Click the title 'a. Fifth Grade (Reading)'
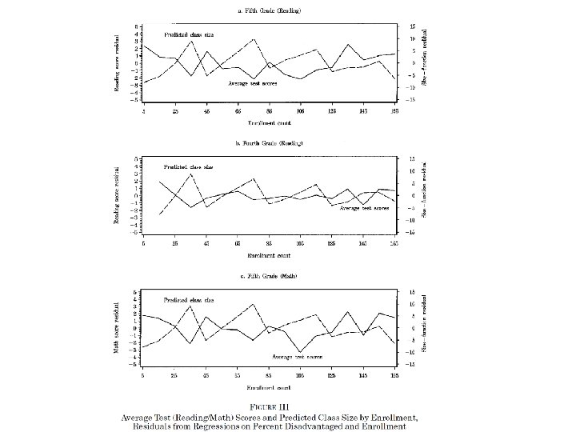pyautogui.click(x=270, y=9)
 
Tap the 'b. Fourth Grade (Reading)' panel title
pyautogui.click(x=270, y=142)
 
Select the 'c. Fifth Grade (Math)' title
pyautogui.click(x=270, y=276)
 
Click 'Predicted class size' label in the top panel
pyautogui.click(x=189, y=35)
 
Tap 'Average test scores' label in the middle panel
pyautogui.click(x=365, y=208)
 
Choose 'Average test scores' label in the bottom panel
pyautogui.click(x=297, y=355)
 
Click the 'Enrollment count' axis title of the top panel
pyautogui.click(x=270, y=123)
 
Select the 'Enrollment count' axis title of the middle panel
pyautogui.click(x=270, y=255)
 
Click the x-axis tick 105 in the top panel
pyautogui.click(x=301, y=111)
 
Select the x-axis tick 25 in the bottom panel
pyautogui.click(x=174, y=375)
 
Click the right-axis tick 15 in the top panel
pyautogui.click(x=413, y=26)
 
